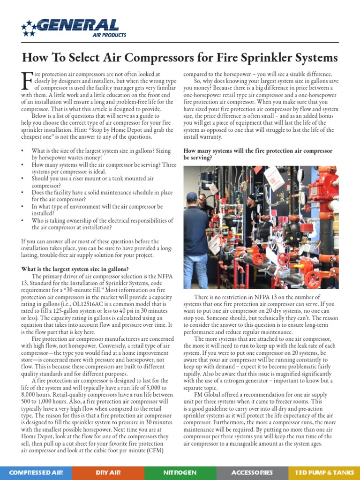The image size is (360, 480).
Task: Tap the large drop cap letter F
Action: point(27,82)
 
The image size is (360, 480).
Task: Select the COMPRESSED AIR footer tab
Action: point(36,472)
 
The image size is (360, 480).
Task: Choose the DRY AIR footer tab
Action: point(108,472)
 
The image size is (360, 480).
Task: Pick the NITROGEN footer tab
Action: point(180,472)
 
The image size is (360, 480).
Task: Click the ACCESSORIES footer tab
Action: point(252,472)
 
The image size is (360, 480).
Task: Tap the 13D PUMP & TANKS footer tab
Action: point(324,472)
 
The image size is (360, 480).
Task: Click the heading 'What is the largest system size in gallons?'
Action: point(75,269)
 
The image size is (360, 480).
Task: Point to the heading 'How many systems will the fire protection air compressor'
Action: point(258,151)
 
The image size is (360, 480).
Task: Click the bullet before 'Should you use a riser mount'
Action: point(23,179)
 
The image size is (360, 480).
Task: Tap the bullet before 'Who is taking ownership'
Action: point(23,220)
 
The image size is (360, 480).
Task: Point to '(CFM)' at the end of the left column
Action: point(158,450)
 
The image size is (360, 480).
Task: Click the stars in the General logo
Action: point(29,28)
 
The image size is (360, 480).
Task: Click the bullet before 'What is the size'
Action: point(23,151)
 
